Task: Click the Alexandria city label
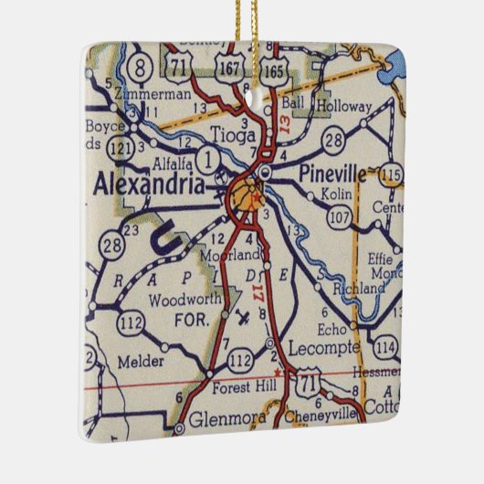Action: (x=149, y=184)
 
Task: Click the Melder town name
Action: (x=141, y=362)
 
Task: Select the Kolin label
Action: (x=337, y=195)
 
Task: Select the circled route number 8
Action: (x=140, y=66)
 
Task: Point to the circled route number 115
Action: (x=391, y=174)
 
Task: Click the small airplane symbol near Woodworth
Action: (x=242, y=319)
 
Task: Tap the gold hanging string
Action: (x=245, y=27)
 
